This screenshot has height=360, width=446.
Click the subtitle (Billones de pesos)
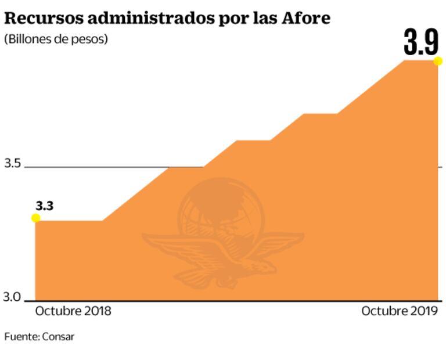click(x=56, y=39)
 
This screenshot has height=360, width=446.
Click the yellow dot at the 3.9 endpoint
click(x=438, y=61)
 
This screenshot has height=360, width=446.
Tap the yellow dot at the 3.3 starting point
click(x=35, y=218)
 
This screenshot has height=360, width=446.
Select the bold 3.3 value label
click(x=45, y=205)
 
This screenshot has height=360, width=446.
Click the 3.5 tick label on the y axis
click(x=12, y=164)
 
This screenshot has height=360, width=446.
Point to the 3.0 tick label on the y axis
click(x=12, y=297)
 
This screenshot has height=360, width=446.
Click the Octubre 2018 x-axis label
click(x=73, y=311)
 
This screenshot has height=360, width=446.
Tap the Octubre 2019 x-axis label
click(x=399, y=311)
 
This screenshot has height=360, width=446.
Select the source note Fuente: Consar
click(x=39, y=337)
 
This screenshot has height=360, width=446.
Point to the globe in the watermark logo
click(x=221, y=209)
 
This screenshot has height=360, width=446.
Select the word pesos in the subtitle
click(x=91, y=39)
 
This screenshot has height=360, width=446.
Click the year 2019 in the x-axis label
click(x=424, y=311)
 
